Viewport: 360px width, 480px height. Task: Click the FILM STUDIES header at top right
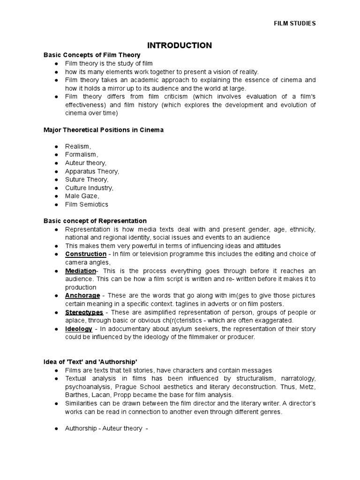click(294, 23)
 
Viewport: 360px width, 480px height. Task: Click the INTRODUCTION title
click(180, 45)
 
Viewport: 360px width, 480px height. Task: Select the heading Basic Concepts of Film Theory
click(92, 55)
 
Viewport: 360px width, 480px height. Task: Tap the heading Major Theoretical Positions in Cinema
click(103, 130)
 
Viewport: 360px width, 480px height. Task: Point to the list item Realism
click(78, 147)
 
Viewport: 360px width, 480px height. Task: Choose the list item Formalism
click(82, 155)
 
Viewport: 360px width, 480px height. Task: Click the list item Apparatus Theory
click(92, 172)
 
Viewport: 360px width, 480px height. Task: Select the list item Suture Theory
click(87, 180)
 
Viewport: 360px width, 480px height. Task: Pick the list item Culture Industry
click(89, 188)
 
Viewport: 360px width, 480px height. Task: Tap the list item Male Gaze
click(82, 196)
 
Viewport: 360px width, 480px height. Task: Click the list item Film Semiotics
click(87, 204)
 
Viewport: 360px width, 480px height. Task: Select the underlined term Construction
click(86, 254)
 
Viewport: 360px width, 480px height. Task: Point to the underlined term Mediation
click(81, 271)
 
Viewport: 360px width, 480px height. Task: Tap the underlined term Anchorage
click(82, 295)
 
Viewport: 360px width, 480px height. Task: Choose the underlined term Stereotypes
click(85, 312)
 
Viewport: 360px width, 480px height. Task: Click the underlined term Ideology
click(79, 329)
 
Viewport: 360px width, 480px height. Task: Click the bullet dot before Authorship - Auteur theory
click(56, 428)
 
